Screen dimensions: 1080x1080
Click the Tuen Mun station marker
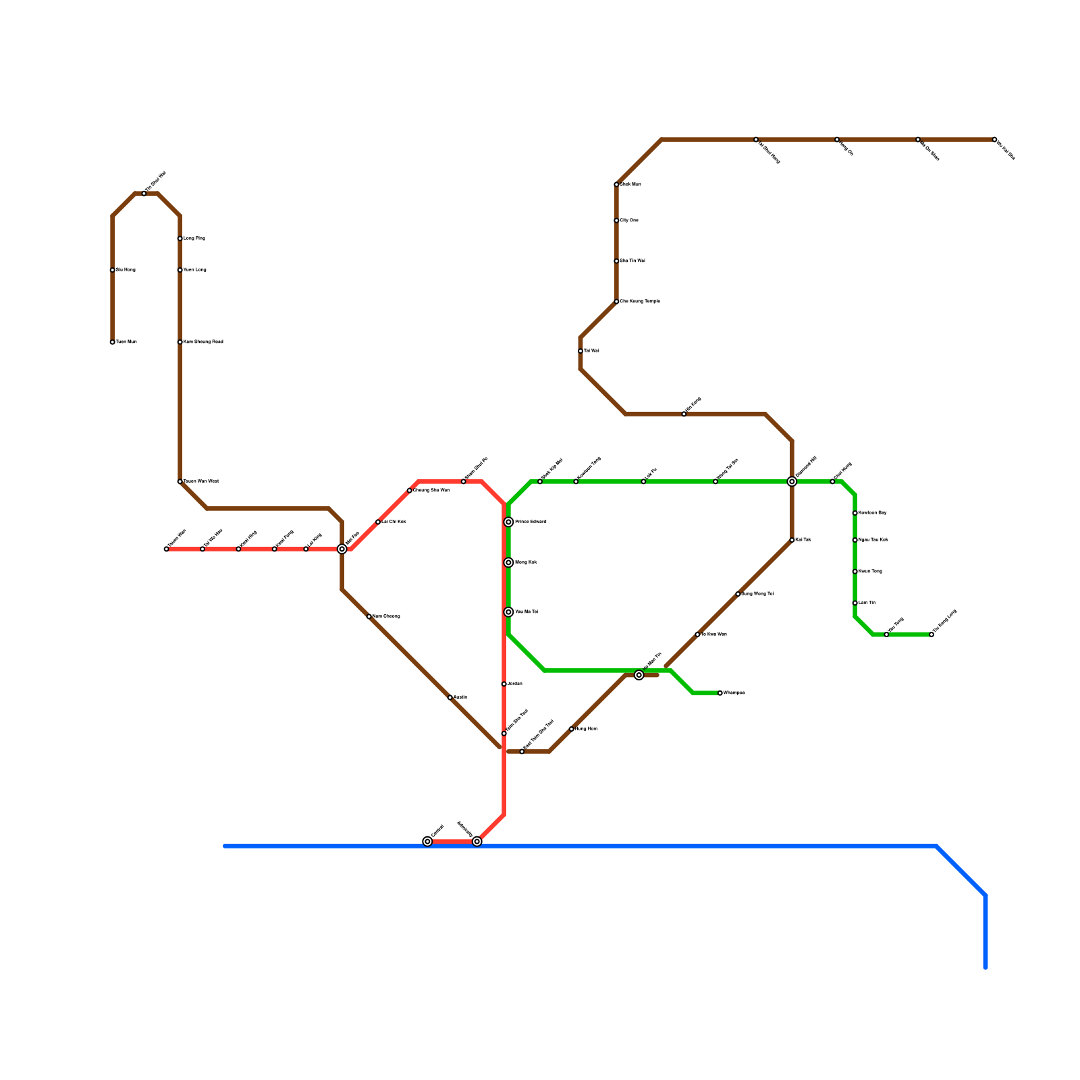pyautogui.click(x=112, y=342)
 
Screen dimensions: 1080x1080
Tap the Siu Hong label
pyautogui.click(x=126, y=270)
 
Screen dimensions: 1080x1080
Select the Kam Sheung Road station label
pyautogui.click(x=203, y=342)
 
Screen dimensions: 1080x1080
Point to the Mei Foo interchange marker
pyautogui.click(x=342, y=549)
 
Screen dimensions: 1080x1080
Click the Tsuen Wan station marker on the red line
pyautogui.click(x=167, y=549)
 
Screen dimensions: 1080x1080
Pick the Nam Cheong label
pyautogui.click(x=386, y=616)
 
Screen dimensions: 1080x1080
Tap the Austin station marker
pyautogui.click(x=450, y=697)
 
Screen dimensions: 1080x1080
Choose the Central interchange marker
pyautogui.click(x=427, y=842)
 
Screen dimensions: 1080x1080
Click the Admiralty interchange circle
pyautogui.click(x=477, y=842)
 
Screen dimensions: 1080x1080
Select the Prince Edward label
pyautogui.click(x=531, y=522)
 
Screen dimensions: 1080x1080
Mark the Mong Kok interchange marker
pyautogui.click(x=509, y=563)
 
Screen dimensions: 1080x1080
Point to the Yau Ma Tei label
pyautogui.click(x=526, y=612)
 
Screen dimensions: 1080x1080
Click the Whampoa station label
pyautogui.click(x=734, y=693)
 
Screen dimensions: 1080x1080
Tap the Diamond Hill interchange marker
pyautogui.click(x=792, y=482)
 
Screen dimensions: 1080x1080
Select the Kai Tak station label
pyautogui.click(x=803, y=540)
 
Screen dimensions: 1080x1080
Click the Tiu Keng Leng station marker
pyautogui.click(x=932, y=634)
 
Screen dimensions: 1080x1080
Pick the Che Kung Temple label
pyautogui.click(x=640, y=302)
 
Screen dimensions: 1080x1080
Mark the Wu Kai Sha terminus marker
pyautogui.click(x=994, y=140)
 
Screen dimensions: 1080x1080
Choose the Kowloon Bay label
pyautogui.click(x=873, y=513)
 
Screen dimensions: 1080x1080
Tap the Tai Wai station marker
pyautogui.click(x=580, y=351)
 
